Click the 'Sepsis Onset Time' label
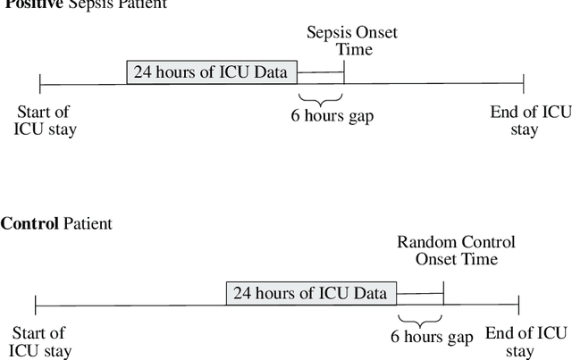[x=352, y=42]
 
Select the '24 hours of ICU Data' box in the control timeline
[x=311, y=293]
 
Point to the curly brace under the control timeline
[x=420, y=319]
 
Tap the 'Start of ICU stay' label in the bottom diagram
[x=40, y=342]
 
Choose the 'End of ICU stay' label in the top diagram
[x=530, y=121]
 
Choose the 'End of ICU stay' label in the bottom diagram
[x=526, y=342]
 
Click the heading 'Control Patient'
[x=56, y=223]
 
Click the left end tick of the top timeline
[x=40, y=85]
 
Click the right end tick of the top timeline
[x=524, y=85]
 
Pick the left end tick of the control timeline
[x=35, y=305]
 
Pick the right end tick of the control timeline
[x=518, y=305]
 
